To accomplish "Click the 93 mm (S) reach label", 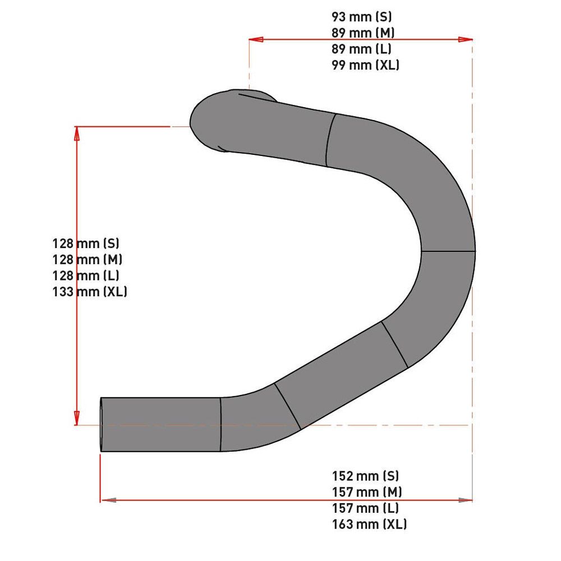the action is pyautogui.click(x=361, y=17).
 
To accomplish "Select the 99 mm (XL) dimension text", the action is pyautogui.click(x=365, y=65).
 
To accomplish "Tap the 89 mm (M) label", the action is pyautogui.click(x=363, y=33).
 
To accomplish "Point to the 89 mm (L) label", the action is pyautogui.click(x=361, y=49).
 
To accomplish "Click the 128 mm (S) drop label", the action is pyautogui.click(x=86, y=243).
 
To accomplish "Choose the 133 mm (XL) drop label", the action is pyautogui.click(x=90, y=292).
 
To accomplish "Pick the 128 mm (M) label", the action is pyautogui.click(x=88, y=259).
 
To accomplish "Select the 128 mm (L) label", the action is pyautogui.click(x=86, y=275).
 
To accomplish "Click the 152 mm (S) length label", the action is pyautogui.click(x=365, y=476).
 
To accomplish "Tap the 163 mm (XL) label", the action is pyautogui.click(x=369, y=524).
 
